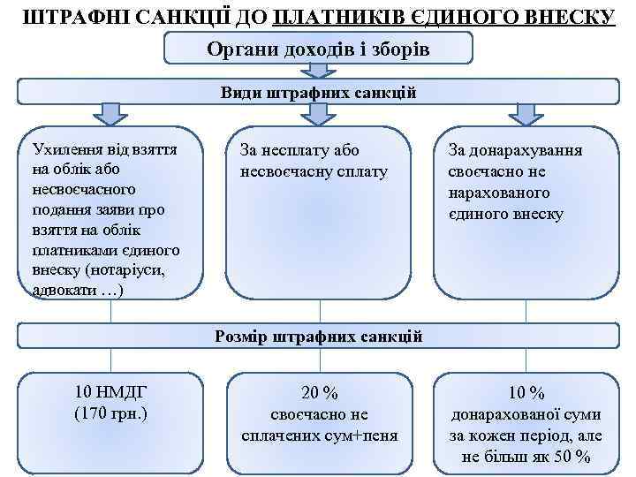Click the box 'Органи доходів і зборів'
[318, 49]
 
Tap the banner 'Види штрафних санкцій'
[318, 92]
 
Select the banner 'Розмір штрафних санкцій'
[318, 337]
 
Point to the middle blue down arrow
[318, 114]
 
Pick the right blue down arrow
[526, 114]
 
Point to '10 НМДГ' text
[110, 391]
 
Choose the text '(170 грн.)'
[110, 412]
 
